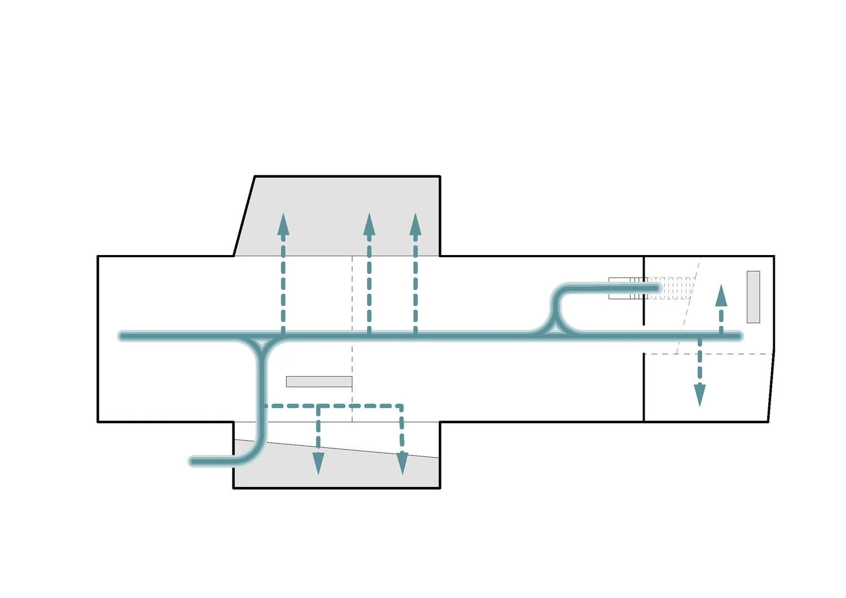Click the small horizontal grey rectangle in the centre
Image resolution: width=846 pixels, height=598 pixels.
319,382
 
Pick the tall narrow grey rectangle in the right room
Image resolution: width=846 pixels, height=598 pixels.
753,297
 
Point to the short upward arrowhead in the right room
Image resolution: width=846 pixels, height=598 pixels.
721,296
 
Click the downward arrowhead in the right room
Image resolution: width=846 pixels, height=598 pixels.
699,395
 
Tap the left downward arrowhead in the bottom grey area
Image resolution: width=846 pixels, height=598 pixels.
318,463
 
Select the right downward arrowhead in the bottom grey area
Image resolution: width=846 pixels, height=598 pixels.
402,463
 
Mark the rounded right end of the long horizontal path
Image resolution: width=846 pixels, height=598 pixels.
738,336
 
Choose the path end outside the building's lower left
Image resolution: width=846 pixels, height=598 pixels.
193,461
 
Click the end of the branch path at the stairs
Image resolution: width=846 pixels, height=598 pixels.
656,289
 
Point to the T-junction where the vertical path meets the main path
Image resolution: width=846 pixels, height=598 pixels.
262,342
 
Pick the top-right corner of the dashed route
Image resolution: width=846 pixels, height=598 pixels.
402,406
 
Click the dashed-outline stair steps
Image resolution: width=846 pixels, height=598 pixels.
677,288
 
